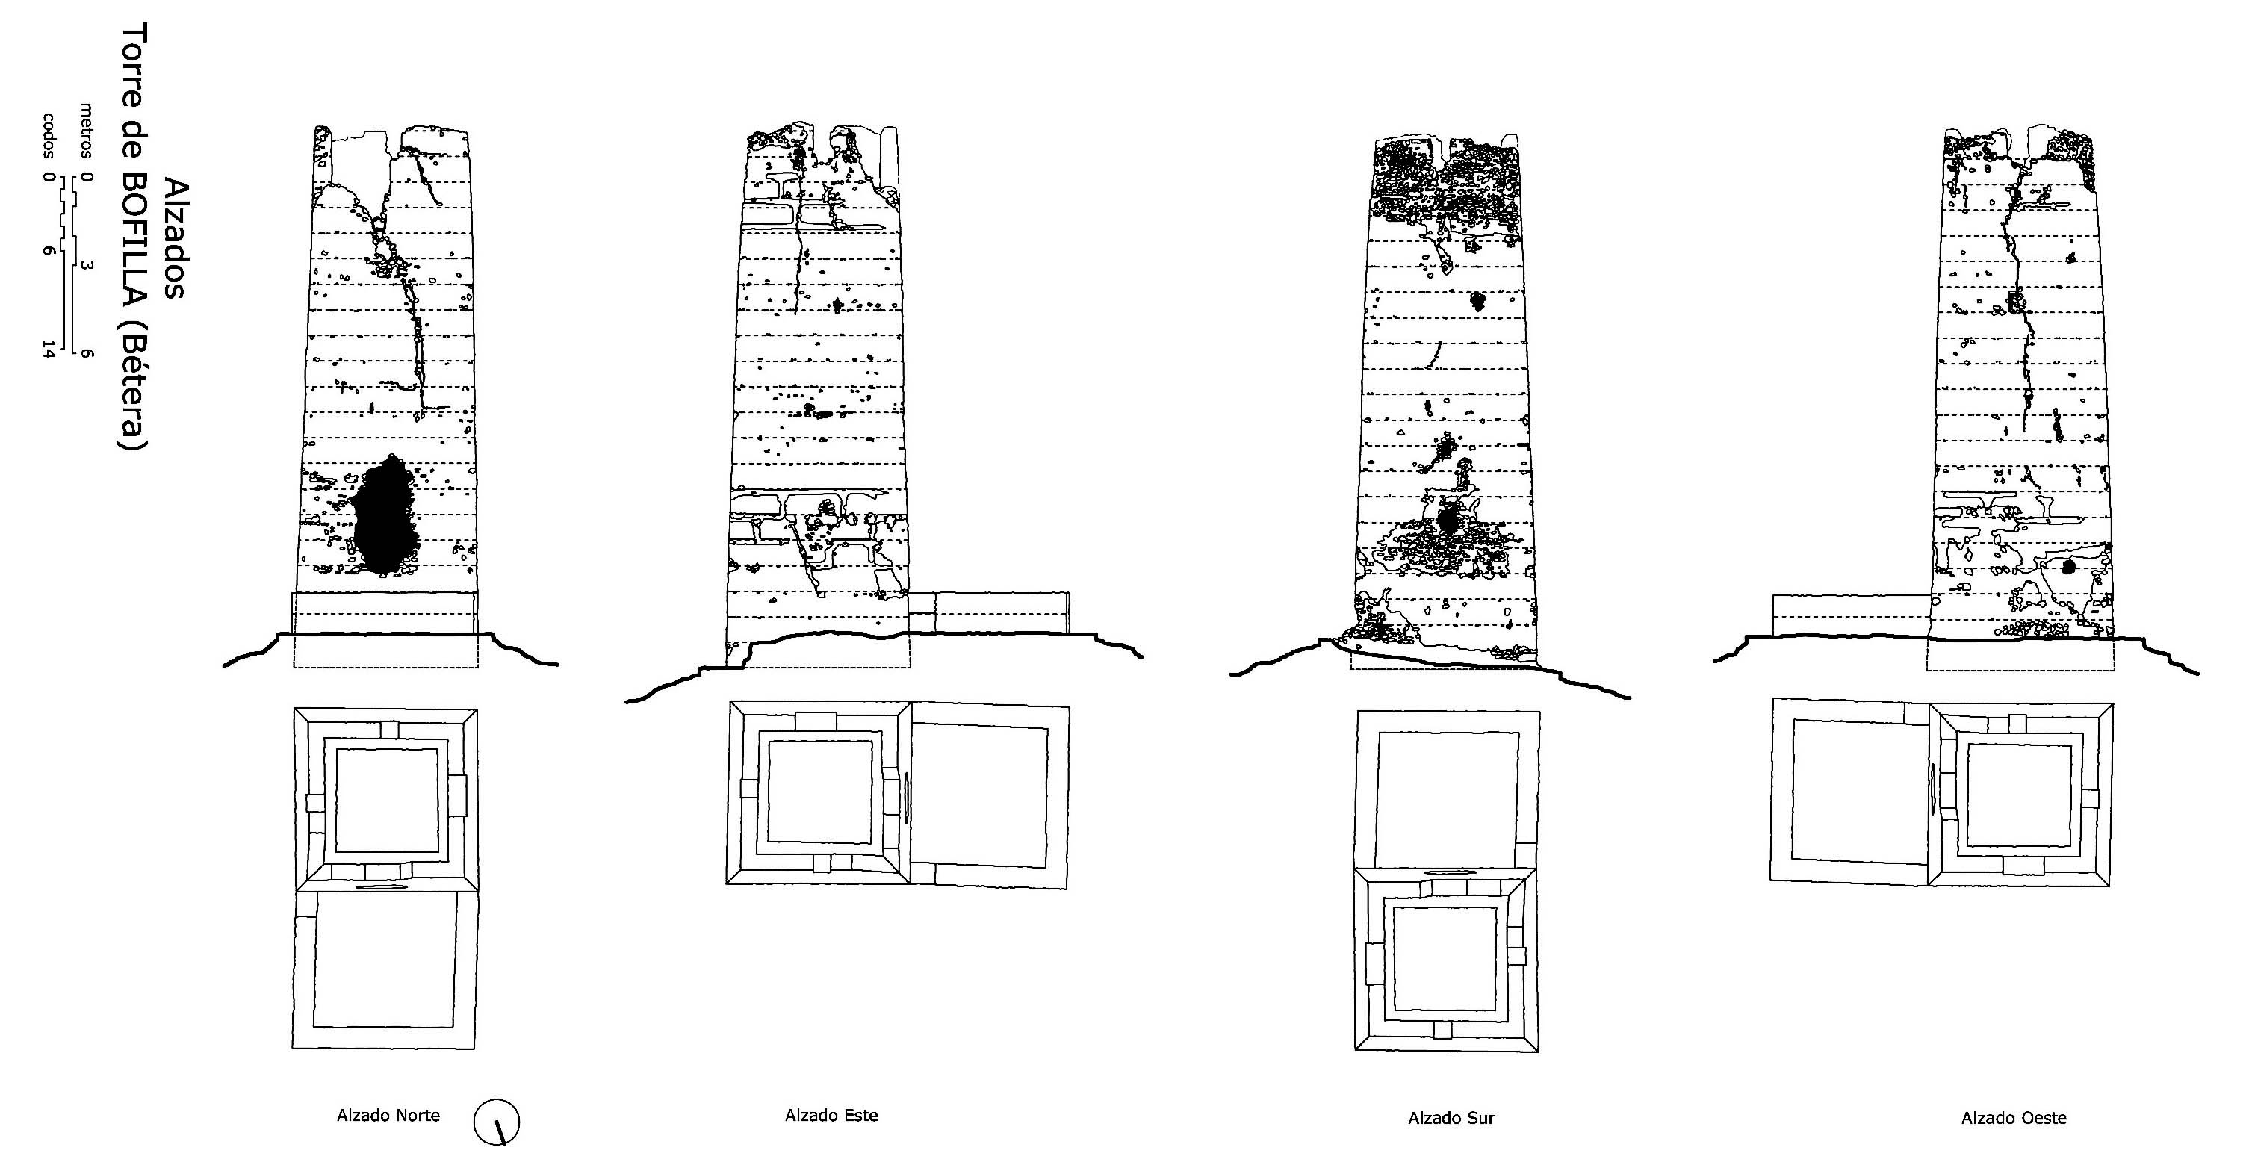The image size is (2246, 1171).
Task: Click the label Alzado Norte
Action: click(388, 1115)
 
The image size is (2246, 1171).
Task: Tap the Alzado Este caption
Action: click(831, 1115)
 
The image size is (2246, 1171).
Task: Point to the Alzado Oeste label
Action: click(2013, 1118)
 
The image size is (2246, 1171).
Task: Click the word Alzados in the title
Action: click(174, 239)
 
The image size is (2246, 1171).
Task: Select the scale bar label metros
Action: click(87, 131)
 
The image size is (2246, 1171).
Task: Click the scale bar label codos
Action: click(50, 134)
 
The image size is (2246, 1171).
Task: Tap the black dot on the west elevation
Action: click(2068, 567)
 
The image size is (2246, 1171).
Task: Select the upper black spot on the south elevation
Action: click(1477, 302)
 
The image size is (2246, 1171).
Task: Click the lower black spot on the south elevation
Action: click(1447, 521)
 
